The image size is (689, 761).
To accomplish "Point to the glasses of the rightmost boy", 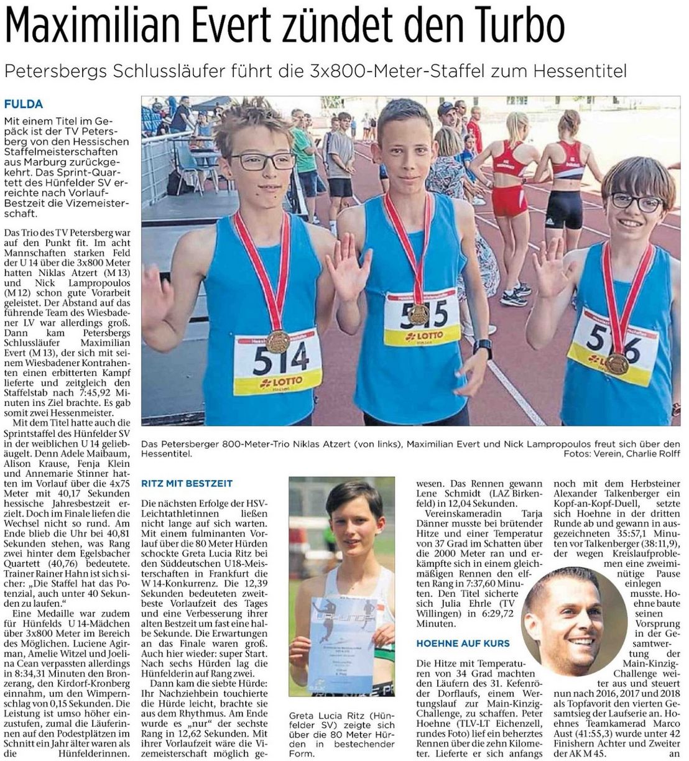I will (628, 201).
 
